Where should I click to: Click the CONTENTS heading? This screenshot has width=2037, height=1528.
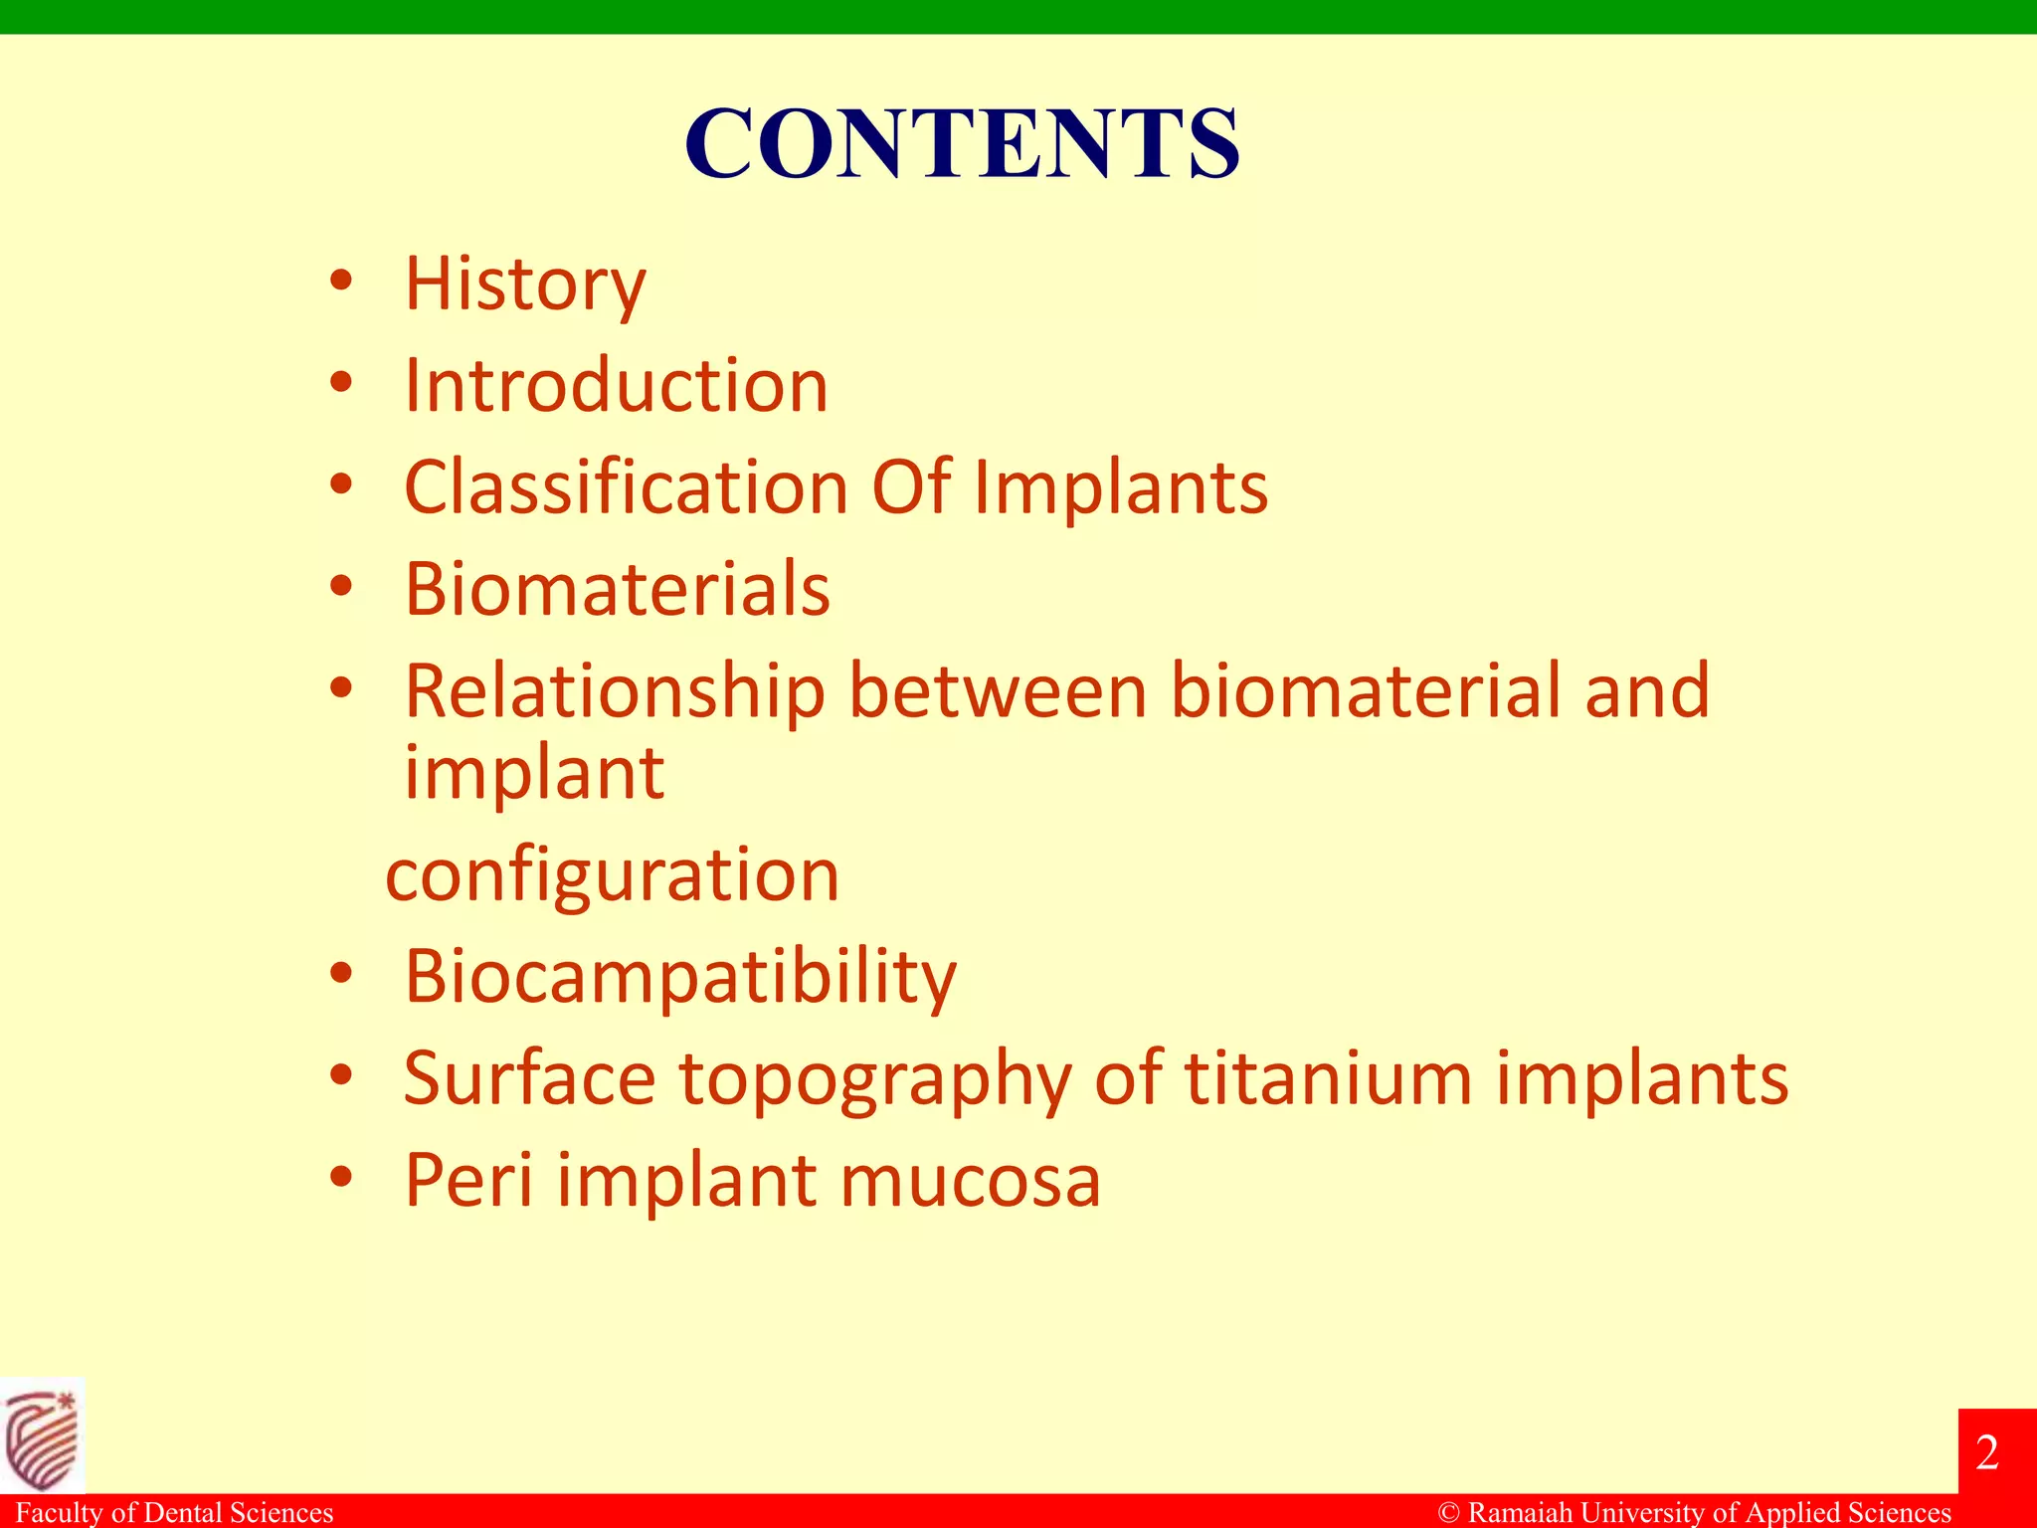[x=962, y=144]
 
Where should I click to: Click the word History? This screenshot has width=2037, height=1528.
[x=524, y=286]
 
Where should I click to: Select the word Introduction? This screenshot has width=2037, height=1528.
[x=616, y=386]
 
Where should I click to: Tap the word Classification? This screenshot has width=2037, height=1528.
[x=626, y=488]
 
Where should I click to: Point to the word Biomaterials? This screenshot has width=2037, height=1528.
[x=617, y=589]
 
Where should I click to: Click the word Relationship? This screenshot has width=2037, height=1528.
[x=614, y=692]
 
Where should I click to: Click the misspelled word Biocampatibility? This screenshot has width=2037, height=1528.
[x=679, y=978]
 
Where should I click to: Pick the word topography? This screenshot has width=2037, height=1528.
[x=875, y=1080]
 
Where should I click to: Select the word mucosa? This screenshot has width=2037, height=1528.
[x=970, y=1181]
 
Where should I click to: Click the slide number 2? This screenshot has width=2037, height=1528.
[x=1987, y=1453]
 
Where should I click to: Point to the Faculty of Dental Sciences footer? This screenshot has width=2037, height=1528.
[x=174, y=1513]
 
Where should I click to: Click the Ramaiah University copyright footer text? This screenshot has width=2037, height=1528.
[x=1695, y=1513]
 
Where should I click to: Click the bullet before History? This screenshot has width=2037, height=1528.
[x=341, y=283]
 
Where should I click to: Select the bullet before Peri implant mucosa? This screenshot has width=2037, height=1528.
[x=341, y=1178]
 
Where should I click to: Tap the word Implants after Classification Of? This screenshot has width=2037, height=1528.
[x=1120, y=488]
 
